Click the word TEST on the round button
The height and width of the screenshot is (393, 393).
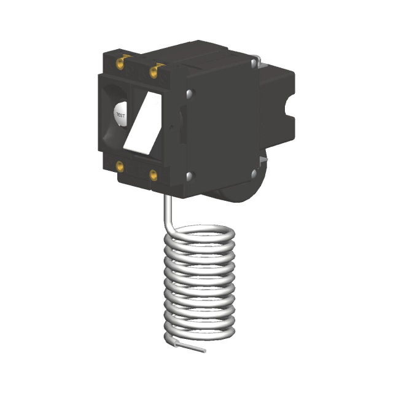pos(120,115)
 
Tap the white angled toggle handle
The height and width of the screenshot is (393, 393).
pos(142,123)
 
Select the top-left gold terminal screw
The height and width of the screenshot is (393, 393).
pos(120,64)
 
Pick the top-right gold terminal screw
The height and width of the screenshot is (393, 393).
pos(154,72)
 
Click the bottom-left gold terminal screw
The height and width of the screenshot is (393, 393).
pos(120,166)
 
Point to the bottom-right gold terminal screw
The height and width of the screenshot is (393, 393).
pos(154,175)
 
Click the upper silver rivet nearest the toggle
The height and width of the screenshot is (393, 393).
pos(189,93)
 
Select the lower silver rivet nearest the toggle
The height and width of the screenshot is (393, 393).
pos(189,176)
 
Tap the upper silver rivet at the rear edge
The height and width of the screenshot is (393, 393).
pos(254,63)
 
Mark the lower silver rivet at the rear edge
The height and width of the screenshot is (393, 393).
pos(254,173)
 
